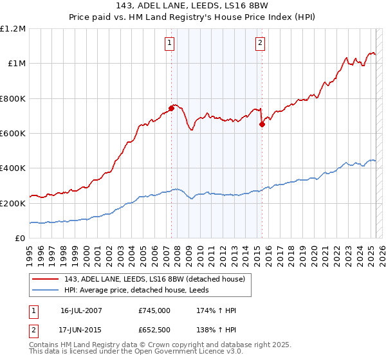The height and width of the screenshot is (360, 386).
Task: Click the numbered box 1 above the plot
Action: (169, 44)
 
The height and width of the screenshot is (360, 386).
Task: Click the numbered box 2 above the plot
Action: (260, 44)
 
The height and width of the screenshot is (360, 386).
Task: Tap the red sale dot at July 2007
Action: (172, 108)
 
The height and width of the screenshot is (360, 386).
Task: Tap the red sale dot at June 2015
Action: (262, 125)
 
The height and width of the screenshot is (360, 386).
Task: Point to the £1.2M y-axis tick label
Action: (13, 29)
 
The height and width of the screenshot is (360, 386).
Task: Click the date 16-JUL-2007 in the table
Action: (81, 310)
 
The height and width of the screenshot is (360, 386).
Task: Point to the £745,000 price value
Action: (154, 310)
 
